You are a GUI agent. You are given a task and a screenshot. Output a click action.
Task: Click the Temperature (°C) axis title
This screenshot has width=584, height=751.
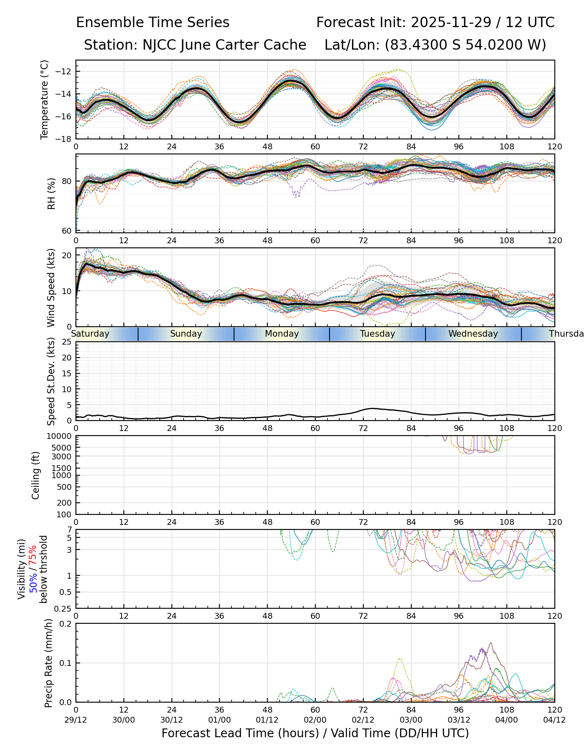point(45,99)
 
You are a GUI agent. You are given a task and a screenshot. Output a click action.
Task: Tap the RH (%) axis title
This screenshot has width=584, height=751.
point(51,194)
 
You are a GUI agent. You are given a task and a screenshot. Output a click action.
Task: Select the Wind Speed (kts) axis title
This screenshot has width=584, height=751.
point(51,287)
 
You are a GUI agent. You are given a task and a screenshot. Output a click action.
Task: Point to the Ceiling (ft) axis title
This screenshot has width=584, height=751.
point(36,475)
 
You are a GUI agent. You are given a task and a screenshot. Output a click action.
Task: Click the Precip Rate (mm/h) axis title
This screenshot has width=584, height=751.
point(48,663)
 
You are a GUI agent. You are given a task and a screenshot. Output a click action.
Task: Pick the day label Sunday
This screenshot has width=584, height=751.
point(186,334)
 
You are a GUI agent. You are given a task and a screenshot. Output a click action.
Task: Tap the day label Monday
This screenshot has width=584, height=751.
point(282,334)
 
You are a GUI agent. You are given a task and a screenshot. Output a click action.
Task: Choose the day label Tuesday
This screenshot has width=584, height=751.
point(378,334)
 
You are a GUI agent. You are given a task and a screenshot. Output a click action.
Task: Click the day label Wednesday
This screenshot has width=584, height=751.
point(473,334)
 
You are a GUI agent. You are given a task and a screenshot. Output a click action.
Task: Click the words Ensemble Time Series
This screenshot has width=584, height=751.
point(153,23)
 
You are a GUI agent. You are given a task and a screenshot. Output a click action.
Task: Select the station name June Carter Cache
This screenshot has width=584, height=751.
point(243,45)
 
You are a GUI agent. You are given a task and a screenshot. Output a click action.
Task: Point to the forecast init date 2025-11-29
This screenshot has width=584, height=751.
point(451,23)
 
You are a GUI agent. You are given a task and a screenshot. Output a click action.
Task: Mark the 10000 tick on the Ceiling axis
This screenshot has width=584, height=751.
point(61,436)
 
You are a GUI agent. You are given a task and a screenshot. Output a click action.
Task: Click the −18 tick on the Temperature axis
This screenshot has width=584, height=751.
point(66,139)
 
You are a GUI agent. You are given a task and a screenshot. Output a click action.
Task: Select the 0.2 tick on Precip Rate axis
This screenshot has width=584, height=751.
point(66,624)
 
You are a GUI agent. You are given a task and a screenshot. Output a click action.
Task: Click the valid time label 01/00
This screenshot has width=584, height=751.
point(219,720)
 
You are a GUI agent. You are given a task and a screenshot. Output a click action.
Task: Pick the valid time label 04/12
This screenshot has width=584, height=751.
point(554,720)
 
